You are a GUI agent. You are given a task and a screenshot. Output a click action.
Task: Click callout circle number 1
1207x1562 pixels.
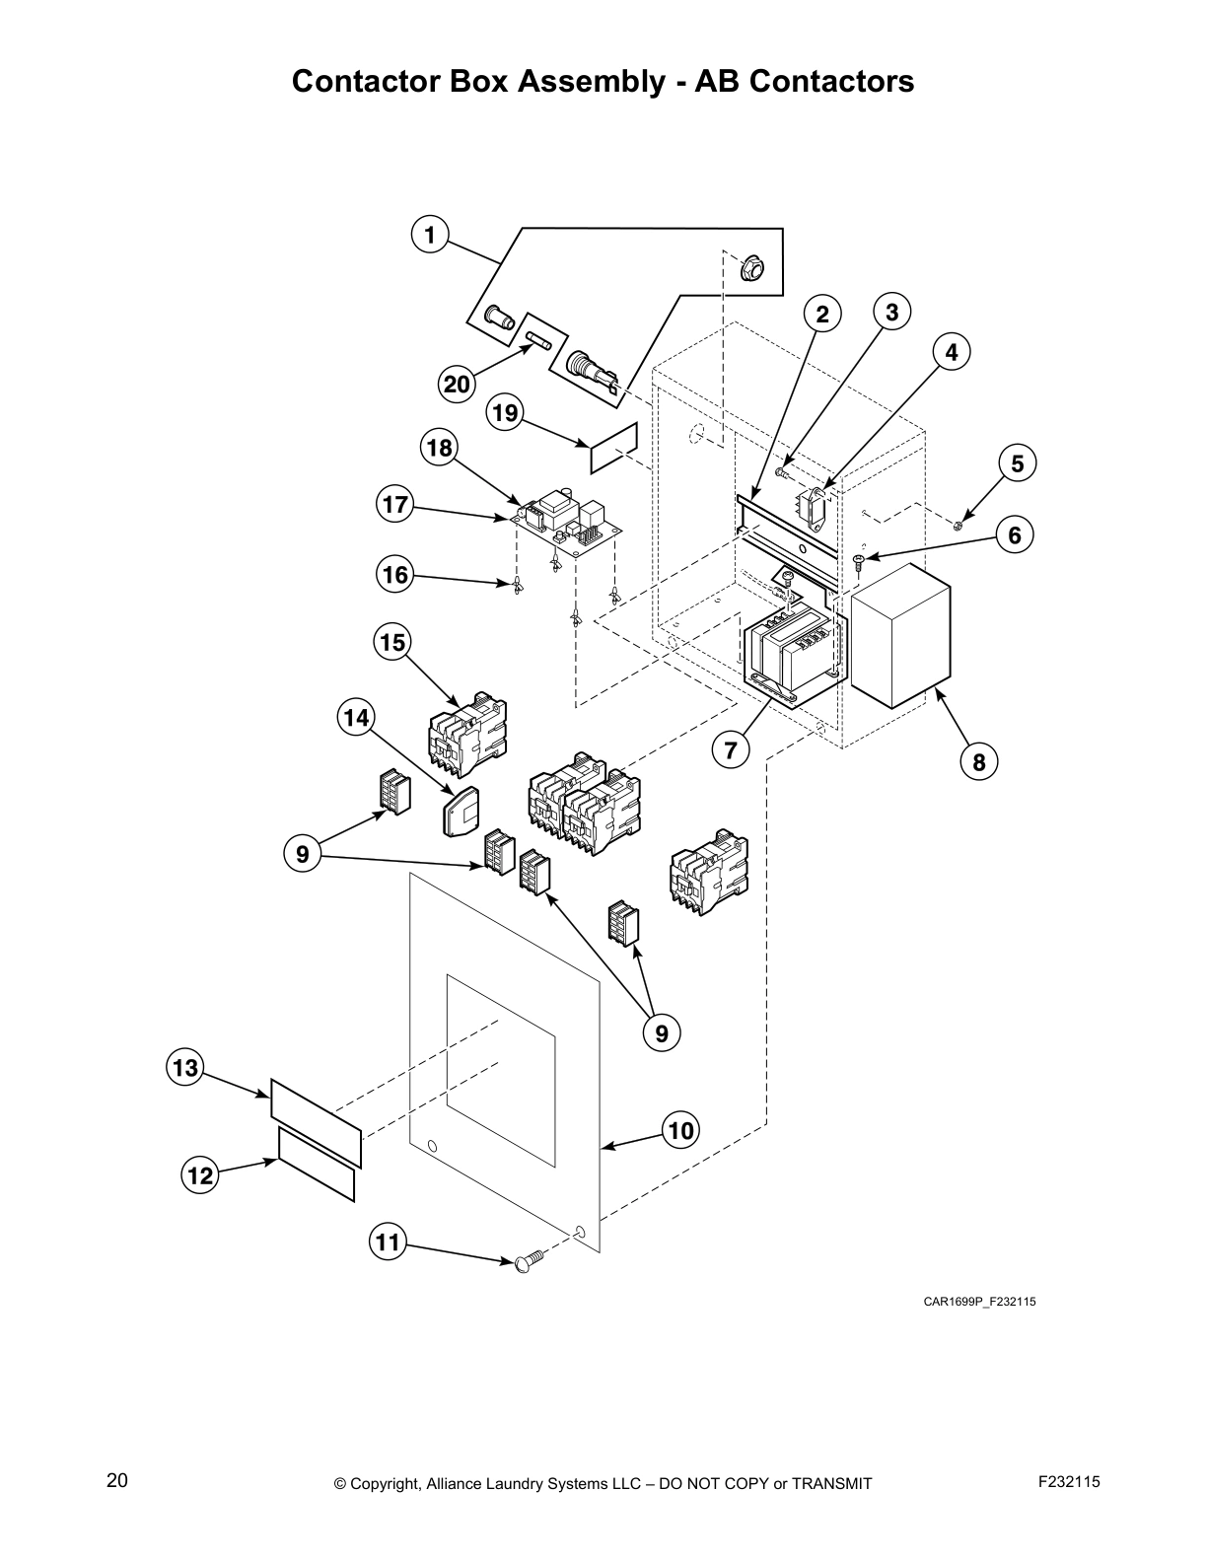point(429,236)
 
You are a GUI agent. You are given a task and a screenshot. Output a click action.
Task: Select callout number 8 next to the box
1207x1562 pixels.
point(978,761)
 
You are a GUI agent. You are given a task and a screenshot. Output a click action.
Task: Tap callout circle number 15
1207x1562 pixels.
point(392,643)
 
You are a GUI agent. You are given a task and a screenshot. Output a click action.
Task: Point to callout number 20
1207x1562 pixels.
point(457,384)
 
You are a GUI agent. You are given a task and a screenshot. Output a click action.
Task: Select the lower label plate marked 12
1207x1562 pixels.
point(316,1166)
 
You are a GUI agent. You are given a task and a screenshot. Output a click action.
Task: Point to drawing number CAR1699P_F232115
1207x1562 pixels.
point(978,1302)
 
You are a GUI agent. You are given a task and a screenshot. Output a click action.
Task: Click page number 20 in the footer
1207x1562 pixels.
point(117,1481)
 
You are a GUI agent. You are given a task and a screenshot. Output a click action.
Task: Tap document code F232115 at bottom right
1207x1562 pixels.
point(1069,1481)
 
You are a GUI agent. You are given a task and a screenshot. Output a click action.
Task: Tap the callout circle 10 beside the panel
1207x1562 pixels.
point(681,1130)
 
